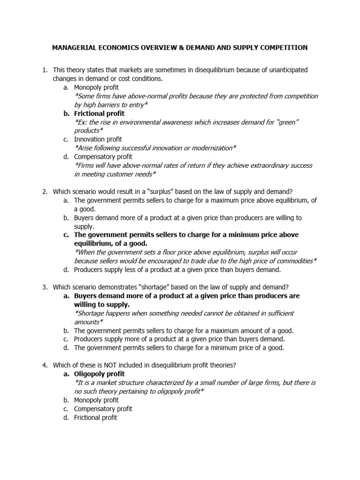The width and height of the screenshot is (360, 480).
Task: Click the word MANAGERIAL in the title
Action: tap(75, 47)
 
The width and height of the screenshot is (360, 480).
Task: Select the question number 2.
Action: tap(45, 191)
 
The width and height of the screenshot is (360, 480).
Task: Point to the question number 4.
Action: tap(45, 365)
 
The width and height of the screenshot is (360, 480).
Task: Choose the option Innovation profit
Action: tap(97, 139)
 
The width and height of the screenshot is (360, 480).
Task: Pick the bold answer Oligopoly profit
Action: tap(99, 374)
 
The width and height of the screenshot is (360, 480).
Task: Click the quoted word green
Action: tap(287, 122)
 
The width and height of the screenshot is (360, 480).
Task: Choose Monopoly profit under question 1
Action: tap(96, 87)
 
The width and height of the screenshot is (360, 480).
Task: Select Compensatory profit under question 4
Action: tap(103, 409)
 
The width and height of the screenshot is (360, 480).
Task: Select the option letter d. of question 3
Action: tap(66, 348)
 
